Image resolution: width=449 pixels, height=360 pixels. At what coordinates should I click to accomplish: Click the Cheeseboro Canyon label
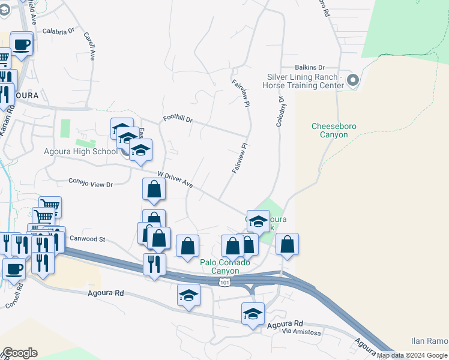(330, 130)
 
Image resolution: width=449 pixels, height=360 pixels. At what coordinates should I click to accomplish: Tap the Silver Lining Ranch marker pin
(352, 80)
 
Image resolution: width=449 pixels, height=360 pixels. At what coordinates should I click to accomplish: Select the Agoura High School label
(80, 151)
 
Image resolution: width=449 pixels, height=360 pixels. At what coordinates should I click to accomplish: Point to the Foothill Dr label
(178, 119)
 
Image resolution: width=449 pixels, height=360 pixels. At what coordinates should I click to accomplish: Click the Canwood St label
(88, 239)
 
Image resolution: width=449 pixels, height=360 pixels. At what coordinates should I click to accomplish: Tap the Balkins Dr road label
(309, 68)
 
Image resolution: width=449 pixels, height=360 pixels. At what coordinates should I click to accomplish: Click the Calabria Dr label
(58, 29)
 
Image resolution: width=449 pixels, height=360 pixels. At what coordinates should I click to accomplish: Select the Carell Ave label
(89, 46)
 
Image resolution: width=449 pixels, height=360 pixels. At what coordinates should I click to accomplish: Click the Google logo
(20, 353)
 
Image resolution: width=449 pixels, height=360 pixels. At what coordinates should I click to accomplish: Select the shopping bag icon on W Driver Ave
(154, 189)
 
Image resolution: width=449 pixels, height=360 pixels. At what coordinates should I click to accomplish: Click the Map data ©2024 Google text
(412, 356)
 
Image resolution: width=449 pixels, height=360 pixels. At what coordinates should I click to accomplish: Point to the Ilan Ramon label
(429, 341)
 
